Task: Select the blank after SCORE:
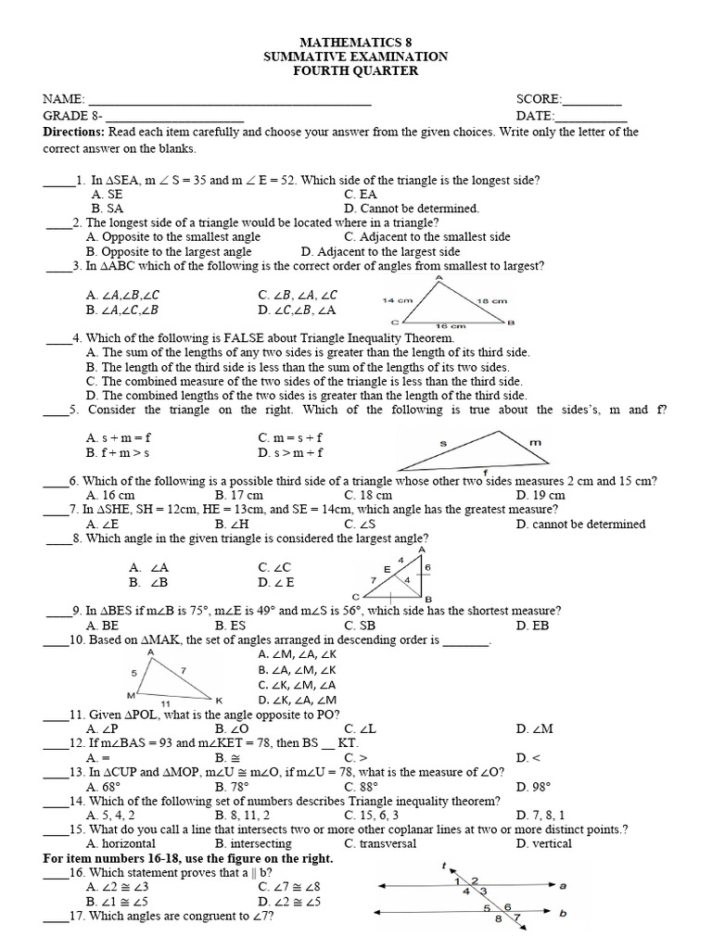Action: tap(592, 100)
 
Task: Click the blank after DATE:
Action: tap(591, 117)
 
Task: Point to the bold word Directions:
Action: tap(76, 133)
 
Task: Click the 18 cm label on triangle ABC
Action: tap(492, 300)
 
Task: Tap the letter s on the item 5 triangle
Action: tap(442, 444)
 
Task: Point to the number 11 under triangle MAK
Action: tap(165, 704)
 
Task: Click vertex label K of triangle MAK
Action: tap(219, 700)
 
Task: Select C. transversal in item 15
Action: tap(380, 843)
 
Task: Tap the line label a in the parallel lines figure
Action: tap(562, 885)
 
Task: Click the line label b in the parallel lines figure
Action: tap(562, 913)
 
